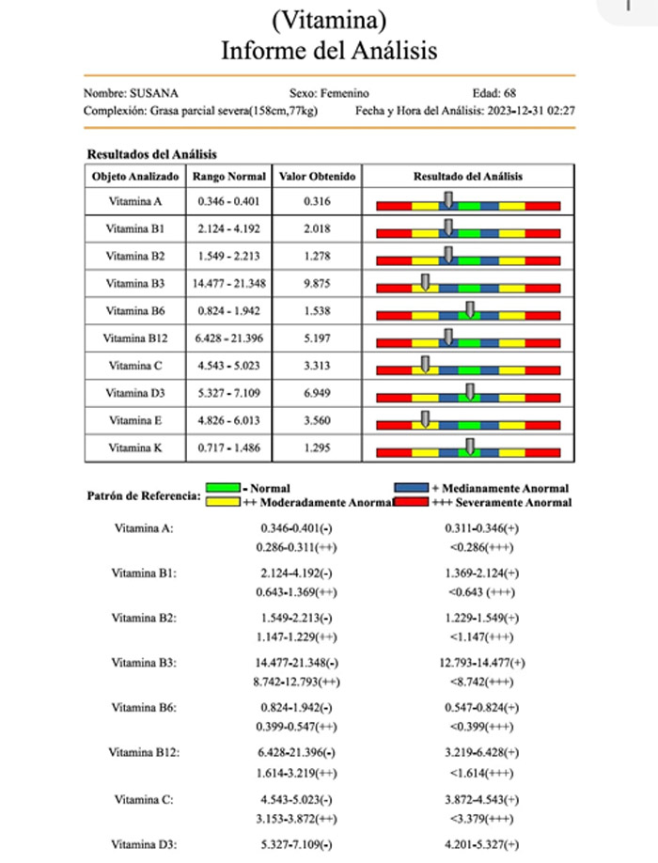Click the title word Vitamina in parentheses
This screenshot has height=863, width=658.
tap(329, 18)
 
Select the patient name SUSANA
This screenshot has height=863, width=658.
tap(156, 93)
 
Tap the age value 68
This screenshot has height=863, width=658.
tap(509, 93)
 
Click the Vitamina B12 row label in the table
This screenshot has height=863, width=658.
tap(134, 338)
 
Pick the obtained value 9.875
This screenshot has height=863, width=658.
tap(318, 283)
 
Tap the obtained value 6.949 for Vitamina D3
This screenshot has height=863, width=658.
tap(318, 393)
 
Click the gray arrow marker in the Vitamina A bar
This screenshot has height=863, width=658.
tap(448, 198)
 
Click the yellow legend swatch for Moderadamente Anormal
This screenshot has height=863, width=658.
tap(222, 502)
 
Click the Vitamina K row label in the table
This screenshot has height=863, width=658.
tap(134, 448)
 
